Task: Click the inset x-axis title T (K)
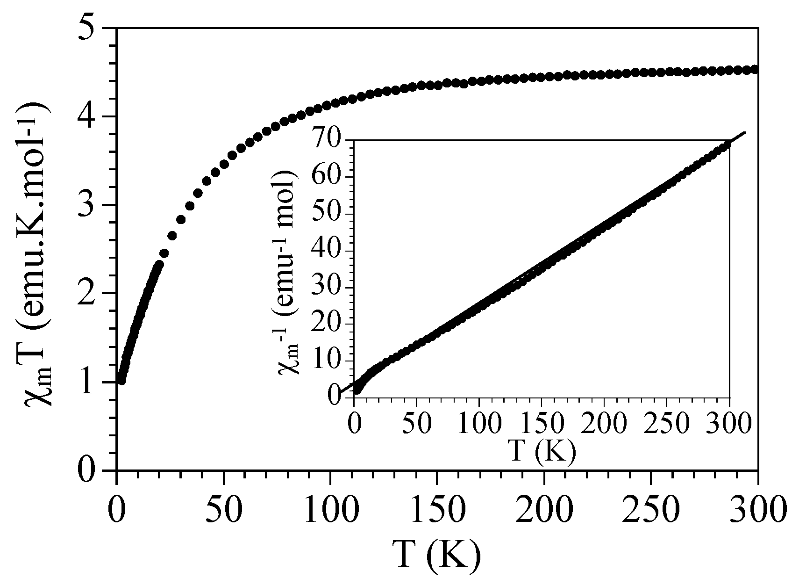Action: pos(542,451)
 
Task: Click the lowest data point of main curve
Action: pos(121,380)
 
